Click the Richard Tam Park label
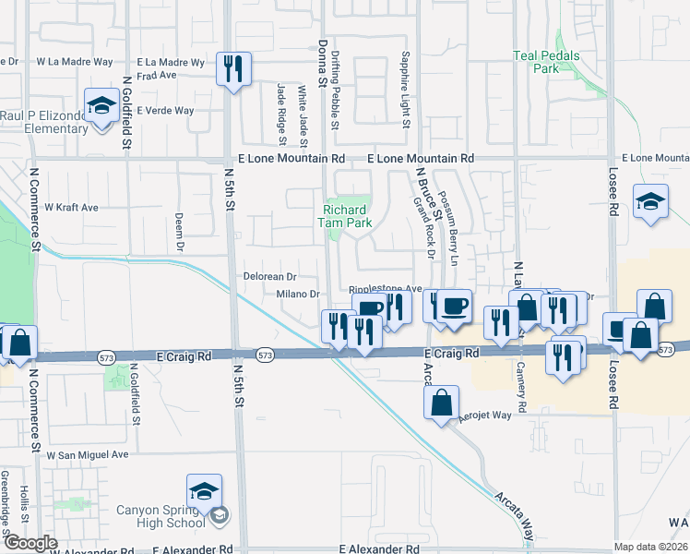[x=345, y=215]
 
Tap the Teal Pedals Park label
[x=547, y=62]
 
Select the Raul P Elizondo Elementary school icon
[x=100, y=104]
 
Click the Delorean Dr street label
[x=269, y=276]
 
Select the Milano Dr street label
[x=297, y=295]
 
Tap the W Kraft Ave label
[x=71, y=208]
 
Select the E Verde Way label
[x=165, y=110]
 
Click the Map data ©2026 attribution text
[x=650, y=547]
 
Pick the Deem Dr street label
[x=180, y=234]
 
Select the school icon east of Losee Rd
[x=650, y=202]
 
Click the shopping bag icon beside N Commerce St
[x=19, y=343]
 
